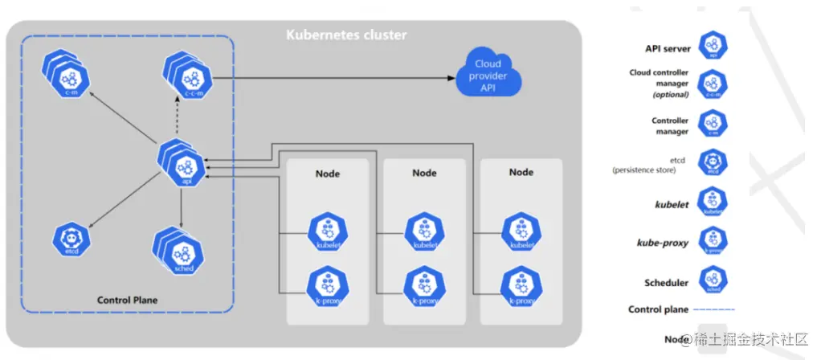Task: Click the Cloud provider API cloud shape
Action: coord(487,75)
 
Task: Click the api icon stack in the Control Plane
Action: coord(186,166)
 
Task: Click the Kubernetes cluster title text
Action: coord(346,35)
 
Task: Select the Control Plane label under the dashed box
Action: coord(127,300)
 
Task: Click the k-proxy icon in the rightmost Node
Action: coord(520,284)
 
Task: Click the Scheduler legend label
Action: coord(666,283)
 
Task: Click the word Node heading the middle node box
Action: coord(424,173)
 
